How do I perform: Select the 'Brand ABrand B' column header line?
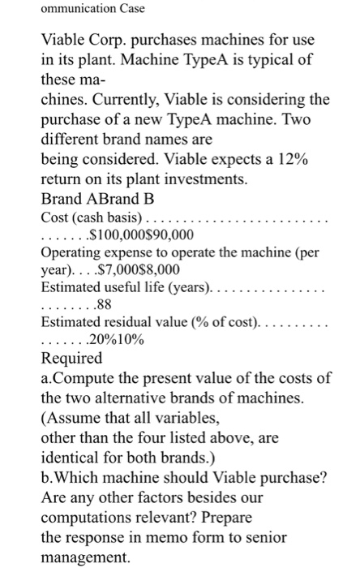pyautogui.click(x=91, y=199)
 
